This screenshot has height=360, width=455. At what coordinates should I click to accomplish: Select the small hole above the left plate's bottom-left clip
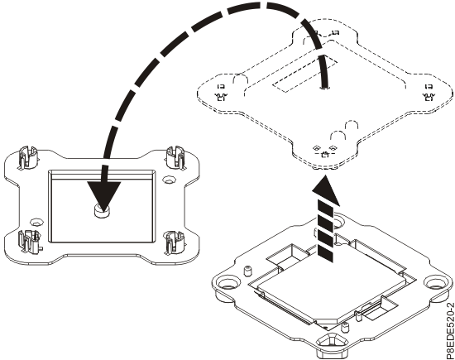(x=36, y=222)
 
